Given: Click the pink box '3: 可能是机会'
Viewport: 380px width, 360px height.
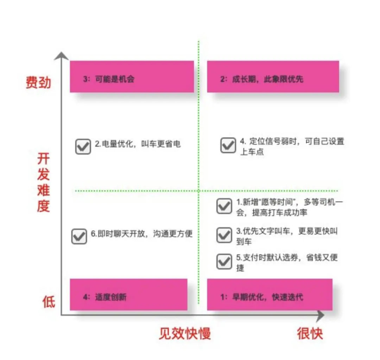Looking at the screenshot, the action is [132, 77].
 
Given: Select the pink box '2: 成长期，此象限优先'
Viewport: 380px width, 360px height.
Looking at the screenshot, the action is [273, 77].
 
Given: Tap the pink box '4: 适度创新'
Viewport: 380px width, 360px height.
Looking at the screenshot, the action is [128, 295].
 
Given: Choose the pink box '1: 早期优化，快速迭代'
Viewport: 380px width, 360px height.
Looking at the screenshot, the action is [270, 295].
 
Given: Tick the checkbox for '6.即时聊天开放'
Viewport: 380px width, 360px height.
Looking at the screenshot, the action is [79, 236].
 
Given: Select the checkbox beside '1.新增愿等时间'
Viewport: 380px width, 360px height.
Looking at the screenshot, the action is [224, 206].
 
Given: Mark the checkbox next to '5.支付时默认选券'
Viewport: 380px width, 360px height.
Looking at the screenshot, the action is [224, 261].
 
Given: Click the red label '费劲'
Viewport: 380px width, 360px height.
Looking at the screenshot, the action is [38, 83].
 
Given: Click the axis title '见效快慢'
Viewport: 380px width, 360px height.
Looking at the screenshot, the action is [185, 333].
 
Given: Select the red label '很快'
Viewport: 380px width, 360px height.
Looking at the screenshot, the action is [310, 333].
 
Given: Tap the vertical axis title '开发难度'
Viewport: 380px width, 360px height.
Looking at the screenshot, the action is [44, 183].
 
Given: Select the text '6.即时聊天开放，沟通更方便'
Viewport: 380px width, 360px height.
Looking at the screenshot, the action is [141, 234].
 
